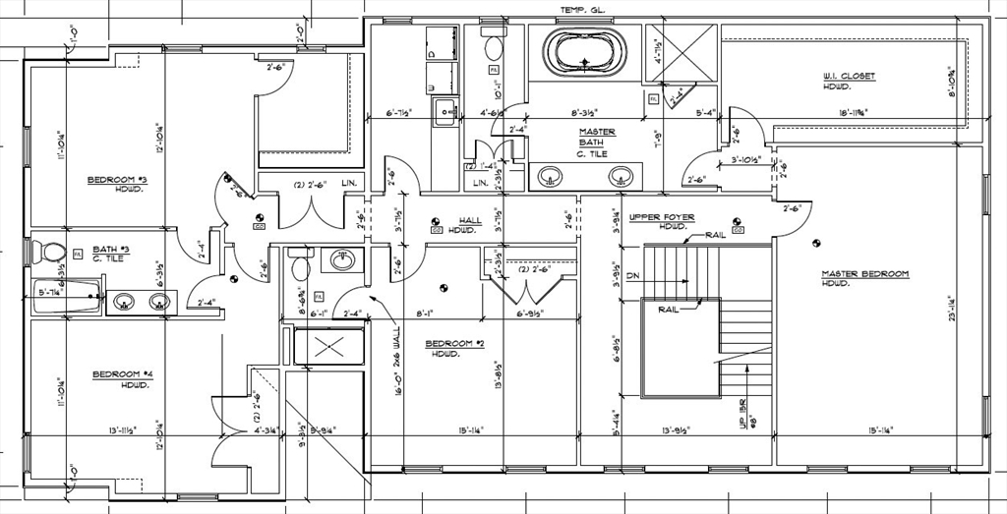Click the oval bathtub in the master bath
coord(585,51)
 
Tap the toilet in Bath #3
coord(50,252)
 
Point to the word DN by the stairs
coord(632,276)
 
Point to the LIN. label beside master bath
coord(480,183)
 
